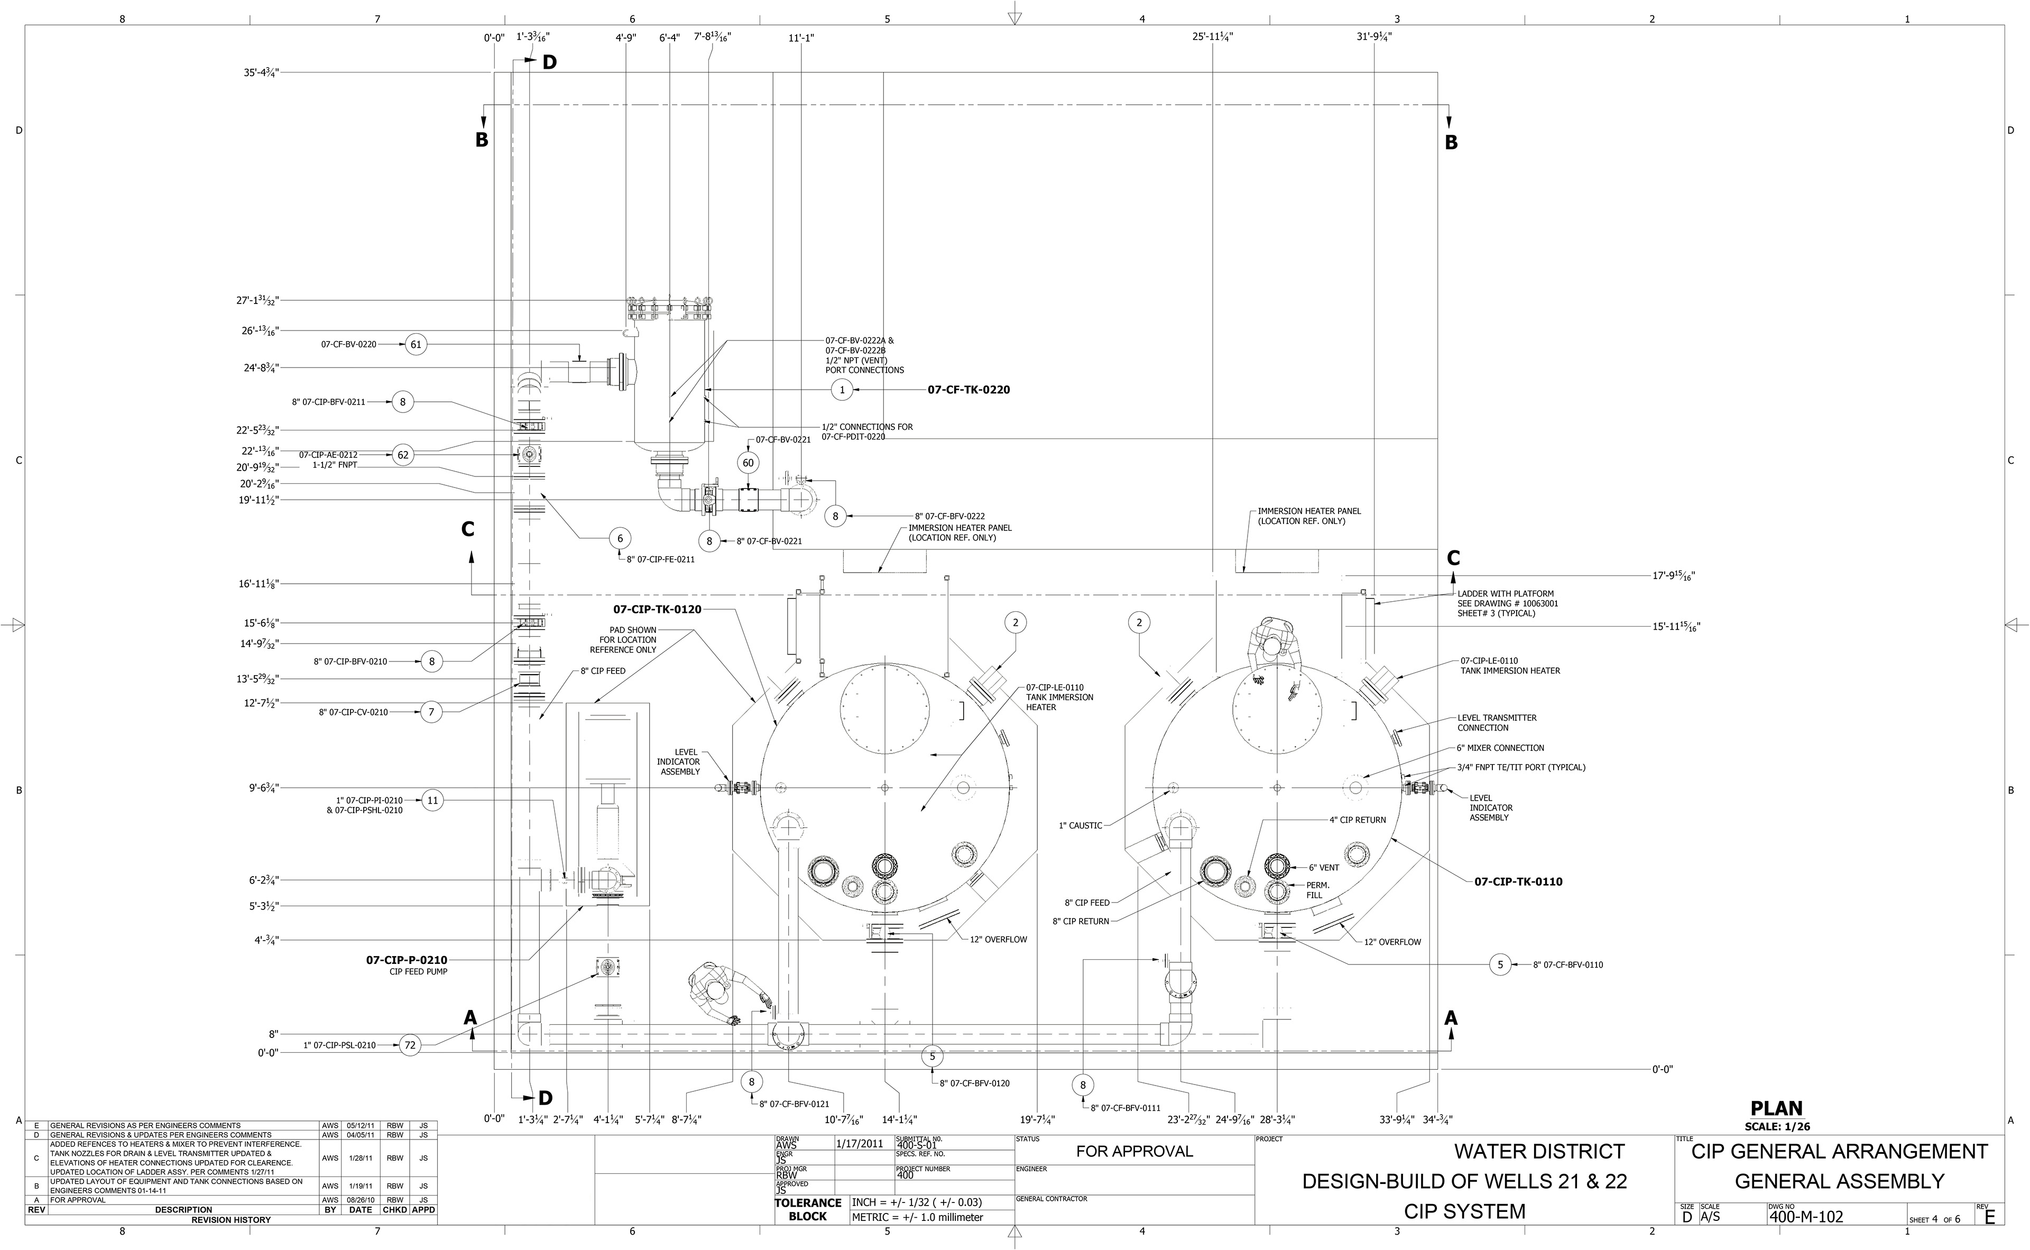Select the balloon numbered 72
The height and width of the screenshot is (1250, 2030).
pos(410,1045)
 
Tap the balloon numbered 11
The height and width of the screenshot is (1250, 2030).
pos(432,799)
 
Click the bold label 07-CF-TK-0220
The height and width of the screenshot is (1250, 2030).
pos(968,389)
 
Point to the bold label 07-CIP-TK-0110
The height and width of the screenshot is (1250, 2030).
pos(1518,881)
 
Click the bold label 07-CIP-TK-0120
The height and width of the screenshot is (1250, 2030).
pos(657,609)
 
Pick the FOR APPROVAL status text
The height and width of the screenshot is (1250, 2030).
pos(1134,1151)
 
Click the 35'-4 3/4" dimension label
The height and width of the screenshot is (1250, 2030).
pos(261,73)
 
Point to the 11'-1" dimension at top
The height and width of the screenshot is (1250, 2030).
pos(801,37)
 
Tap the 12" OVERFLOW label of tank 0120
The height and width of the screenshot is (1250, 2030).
pos(999,939)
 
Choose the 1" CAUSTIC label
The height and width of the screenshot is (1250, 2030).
pos(1081,825)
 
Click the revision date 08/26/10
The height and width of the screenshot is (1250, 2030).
pos(361,1200)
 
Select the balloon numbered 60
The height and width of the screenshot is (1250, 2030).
pos(748,463)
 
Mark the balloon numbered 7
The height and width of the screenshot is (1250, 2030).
pos(431,712)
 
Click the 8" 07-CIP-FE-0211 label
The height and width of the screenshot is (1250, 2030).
pos(660,559)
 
